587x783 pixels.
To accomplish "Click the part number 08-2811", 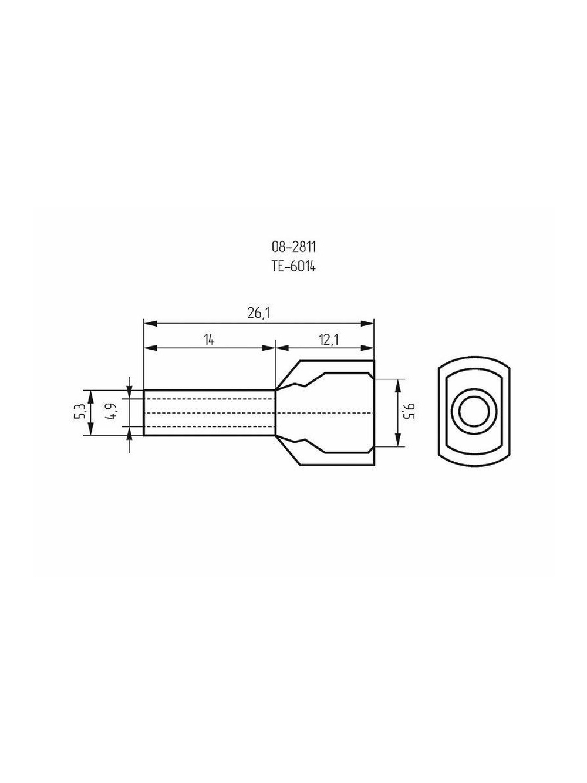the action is [x=293, y=247].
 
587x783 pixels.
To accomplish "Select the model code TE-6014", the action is [x=293, y=267].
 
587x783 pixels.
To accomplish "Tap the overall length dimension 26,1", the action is [x=258, y=313].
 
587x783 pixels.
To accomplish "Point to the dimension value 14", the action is [x=210, y=340].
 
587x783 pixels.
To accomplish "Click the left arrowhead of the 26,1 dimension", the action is [x=150, y=324].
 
